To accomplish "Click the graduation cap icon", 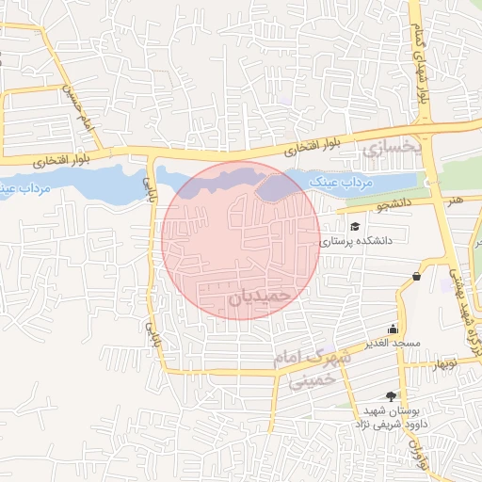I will [355, 227].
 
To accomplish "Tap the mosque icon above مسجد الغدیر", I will [393, 329].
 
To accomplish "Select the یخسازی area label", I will [386, 148].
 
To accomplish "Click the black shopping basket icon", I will [416, 276].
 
